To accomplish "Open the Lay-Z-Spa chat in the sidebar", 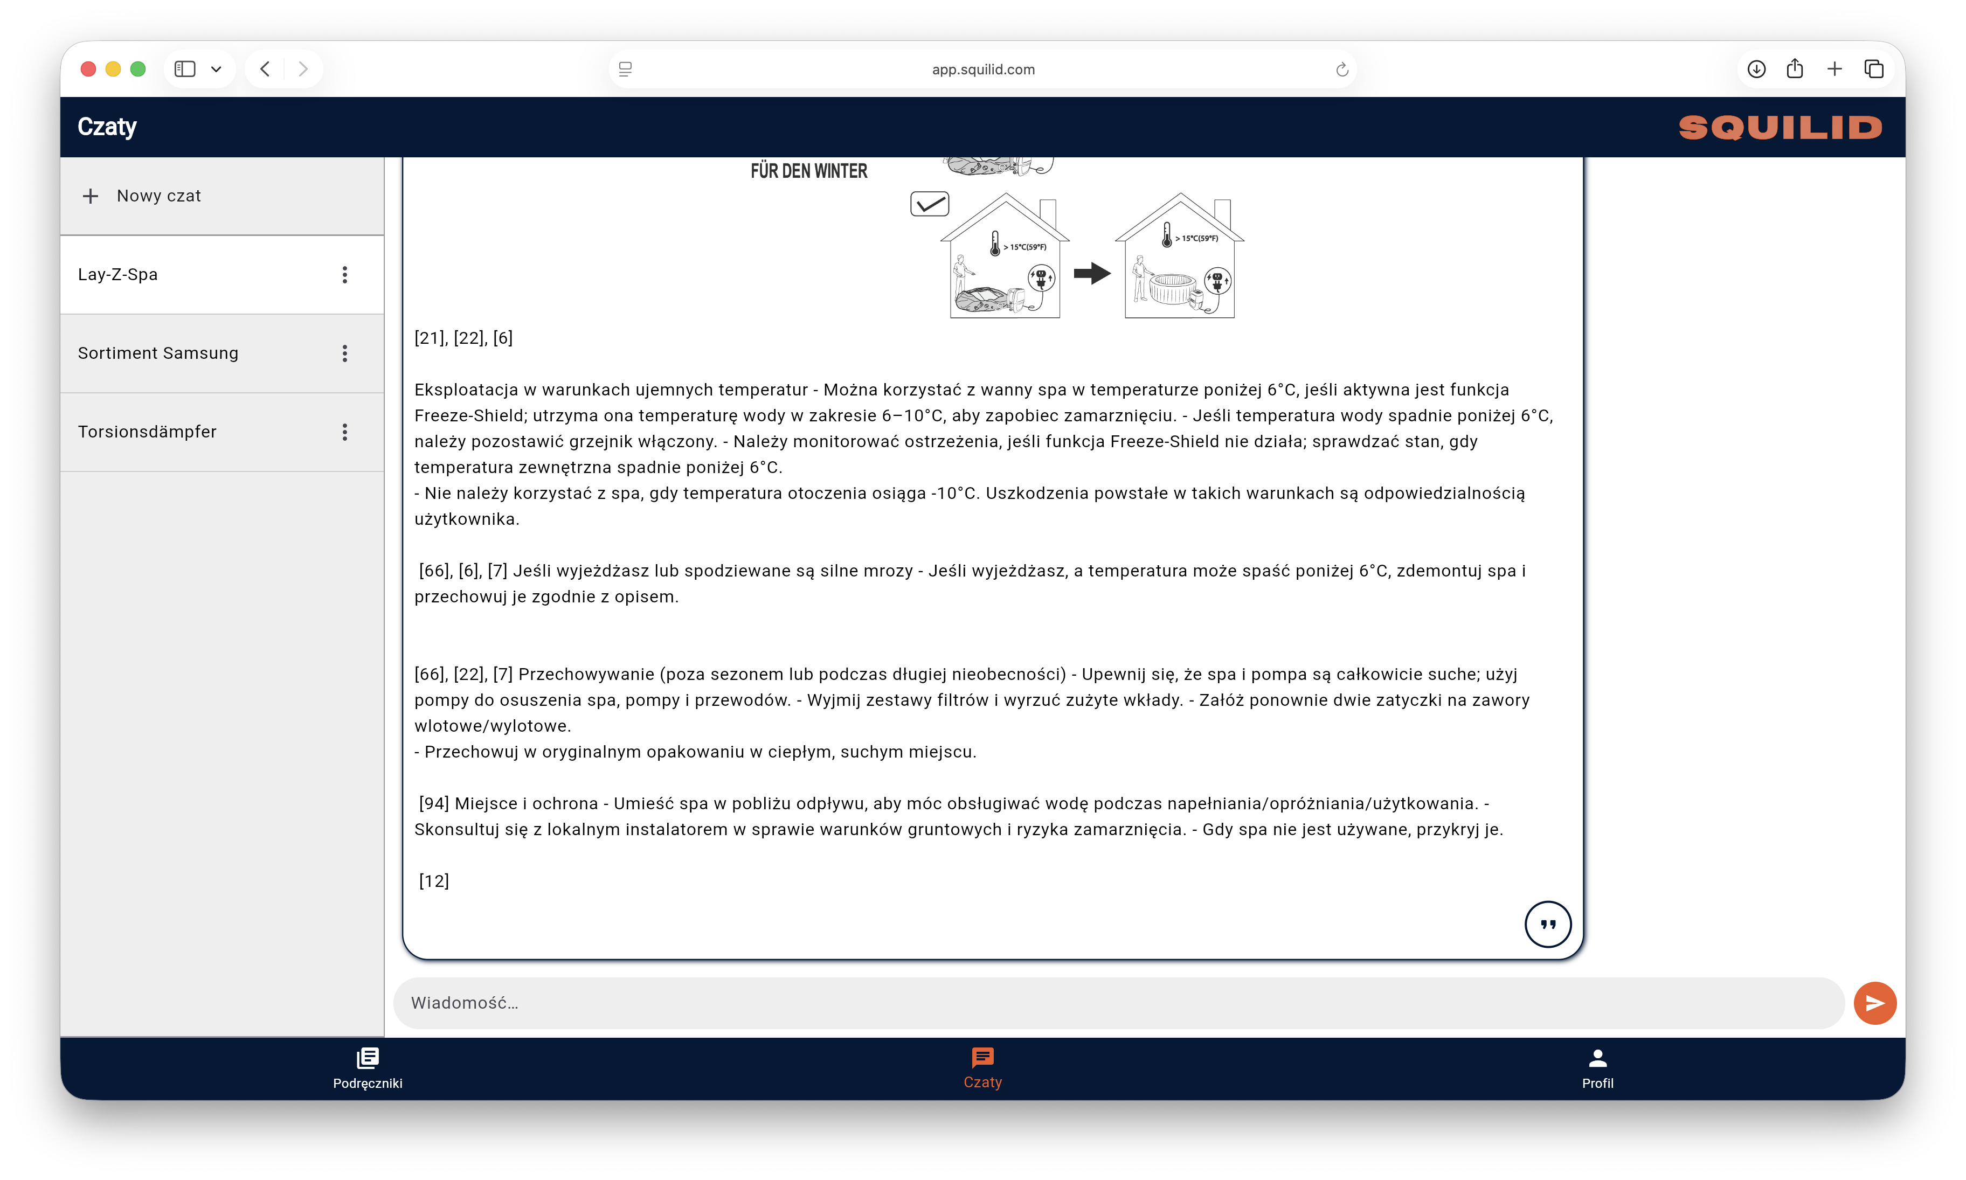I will pos(117,274).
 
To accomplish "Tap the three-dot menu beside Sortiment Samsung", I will pos(344,353).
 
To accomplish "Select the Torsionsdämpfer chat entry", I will pos(147,432).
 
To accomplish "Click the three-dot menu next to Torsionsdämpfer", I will pos(344,432).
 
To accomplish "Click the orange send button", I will pos(1874,1003).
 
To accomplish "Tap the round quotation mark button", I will pos(1547,924).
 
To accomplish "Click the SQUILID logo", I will pos(1780,127).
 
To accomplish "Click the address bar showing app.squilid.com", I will pos(983,69).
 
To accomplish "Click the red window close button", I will pos(88,69).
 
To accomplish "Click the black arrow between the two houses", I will pos(1091,274).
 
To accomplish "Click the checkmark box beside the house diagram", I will pos(929,204).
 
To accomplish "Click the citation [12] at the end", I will pos(434,881).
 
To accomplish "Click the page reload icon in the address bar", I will pos(1342,69).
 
